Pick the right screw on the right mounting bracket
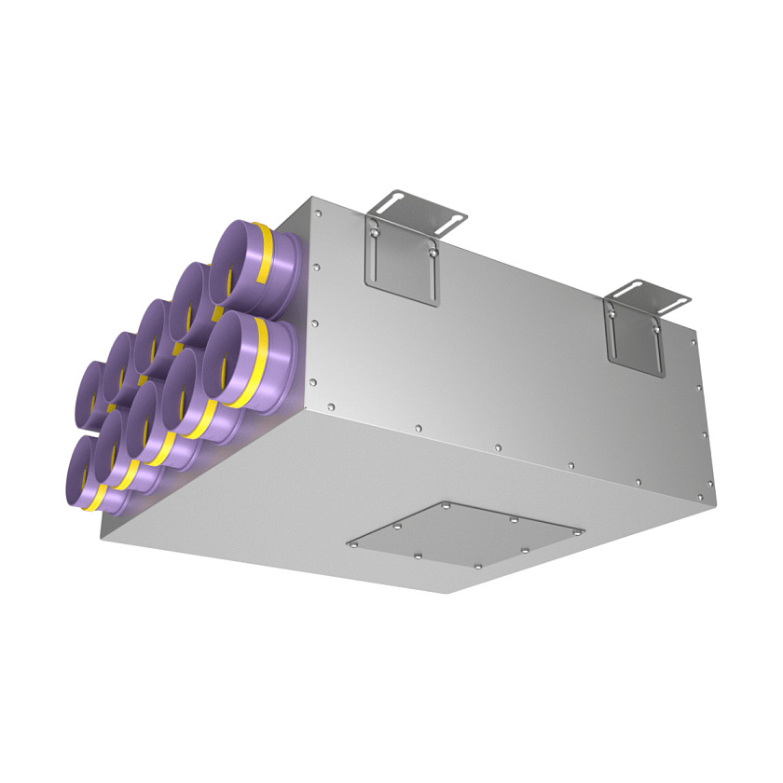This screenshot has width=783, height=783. (x=658, y=325)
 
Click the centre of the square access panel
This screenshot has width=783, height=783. (x=466, y=535)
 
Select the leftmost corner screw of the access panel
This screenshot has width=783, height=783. (x=355, y=543)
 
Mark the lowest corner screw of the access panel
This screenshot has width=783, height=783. (x=478, y=566)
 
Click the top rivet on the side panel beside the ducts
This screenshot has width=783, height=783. (x=318, y=213)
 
